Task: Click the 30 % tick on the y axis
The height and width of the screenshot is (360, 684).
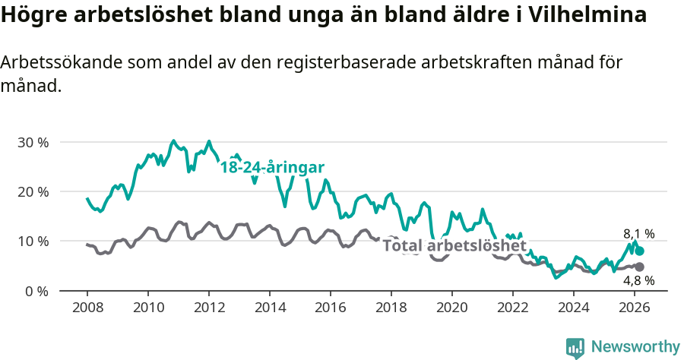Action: click(x=33, y=142)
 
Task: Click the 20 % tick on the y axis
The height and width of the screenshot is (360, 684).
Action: click(x=33, y=191)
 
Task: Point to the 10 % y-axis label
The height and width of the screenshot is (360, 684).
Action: click(x=33, y=241)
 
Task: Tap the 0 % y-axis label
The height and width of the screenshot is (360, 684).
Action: click(x=36, y=291)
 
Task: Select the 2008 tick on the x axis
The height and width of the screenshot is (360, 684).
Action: click(x=87, y=307)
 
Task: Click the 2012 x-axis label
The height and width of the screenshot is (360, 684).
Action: click(x=208, y=307)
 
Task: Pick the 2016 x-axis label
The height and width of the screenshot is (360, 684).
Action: click(x=330, y=307)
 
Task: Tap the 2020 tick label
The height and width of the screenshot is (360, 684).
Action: click(x=451, y=307)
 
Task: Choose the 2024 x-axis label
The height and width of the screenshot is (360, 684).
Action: click(x=573, y=307)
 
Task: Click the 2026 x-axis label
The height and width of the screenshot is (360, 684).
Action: click(x=634, y=307)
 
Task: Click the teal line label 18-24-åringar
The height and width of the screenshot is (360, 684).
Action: click(x=272, y=168)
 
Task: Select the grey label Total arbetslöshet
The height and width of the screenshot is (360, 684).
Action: click(x=454, y=245)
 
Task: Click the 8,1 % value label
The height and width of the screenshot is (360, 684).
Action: click(x=638, y=235)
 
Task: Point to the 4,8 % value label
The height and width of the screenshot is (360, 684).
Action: click(x=638, y=280)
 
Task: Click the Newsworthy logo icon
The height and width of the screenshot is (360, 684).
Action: click(x=575, y=347)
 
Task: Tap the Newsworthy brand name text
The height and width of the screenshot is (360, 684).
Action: click(x=635, y=347)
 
